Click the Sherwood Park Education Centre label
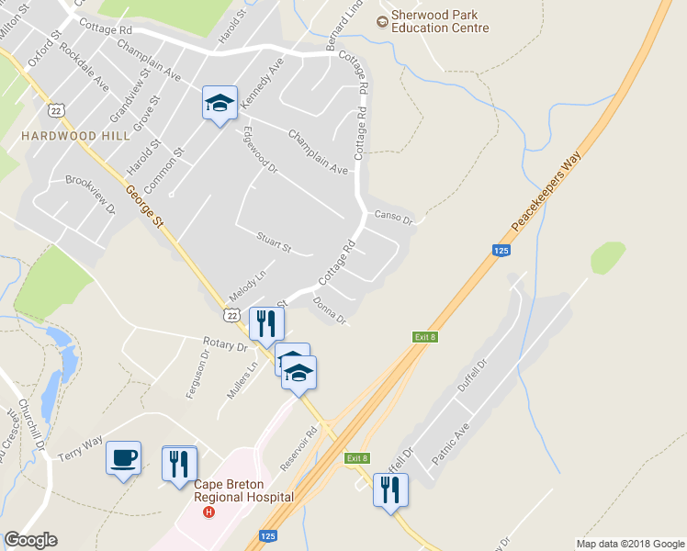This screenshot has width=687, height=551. point(439,21)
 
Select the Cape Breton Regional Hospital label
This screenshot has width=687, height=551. point(243,491)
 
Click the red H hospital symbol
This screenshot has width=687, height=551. point(209,512)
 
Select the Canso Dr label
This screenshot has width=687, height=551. point(395,218)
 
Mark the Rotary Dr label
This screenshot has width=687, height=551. point(225,347)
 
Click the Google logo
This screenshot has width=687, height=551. point(30,540)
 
